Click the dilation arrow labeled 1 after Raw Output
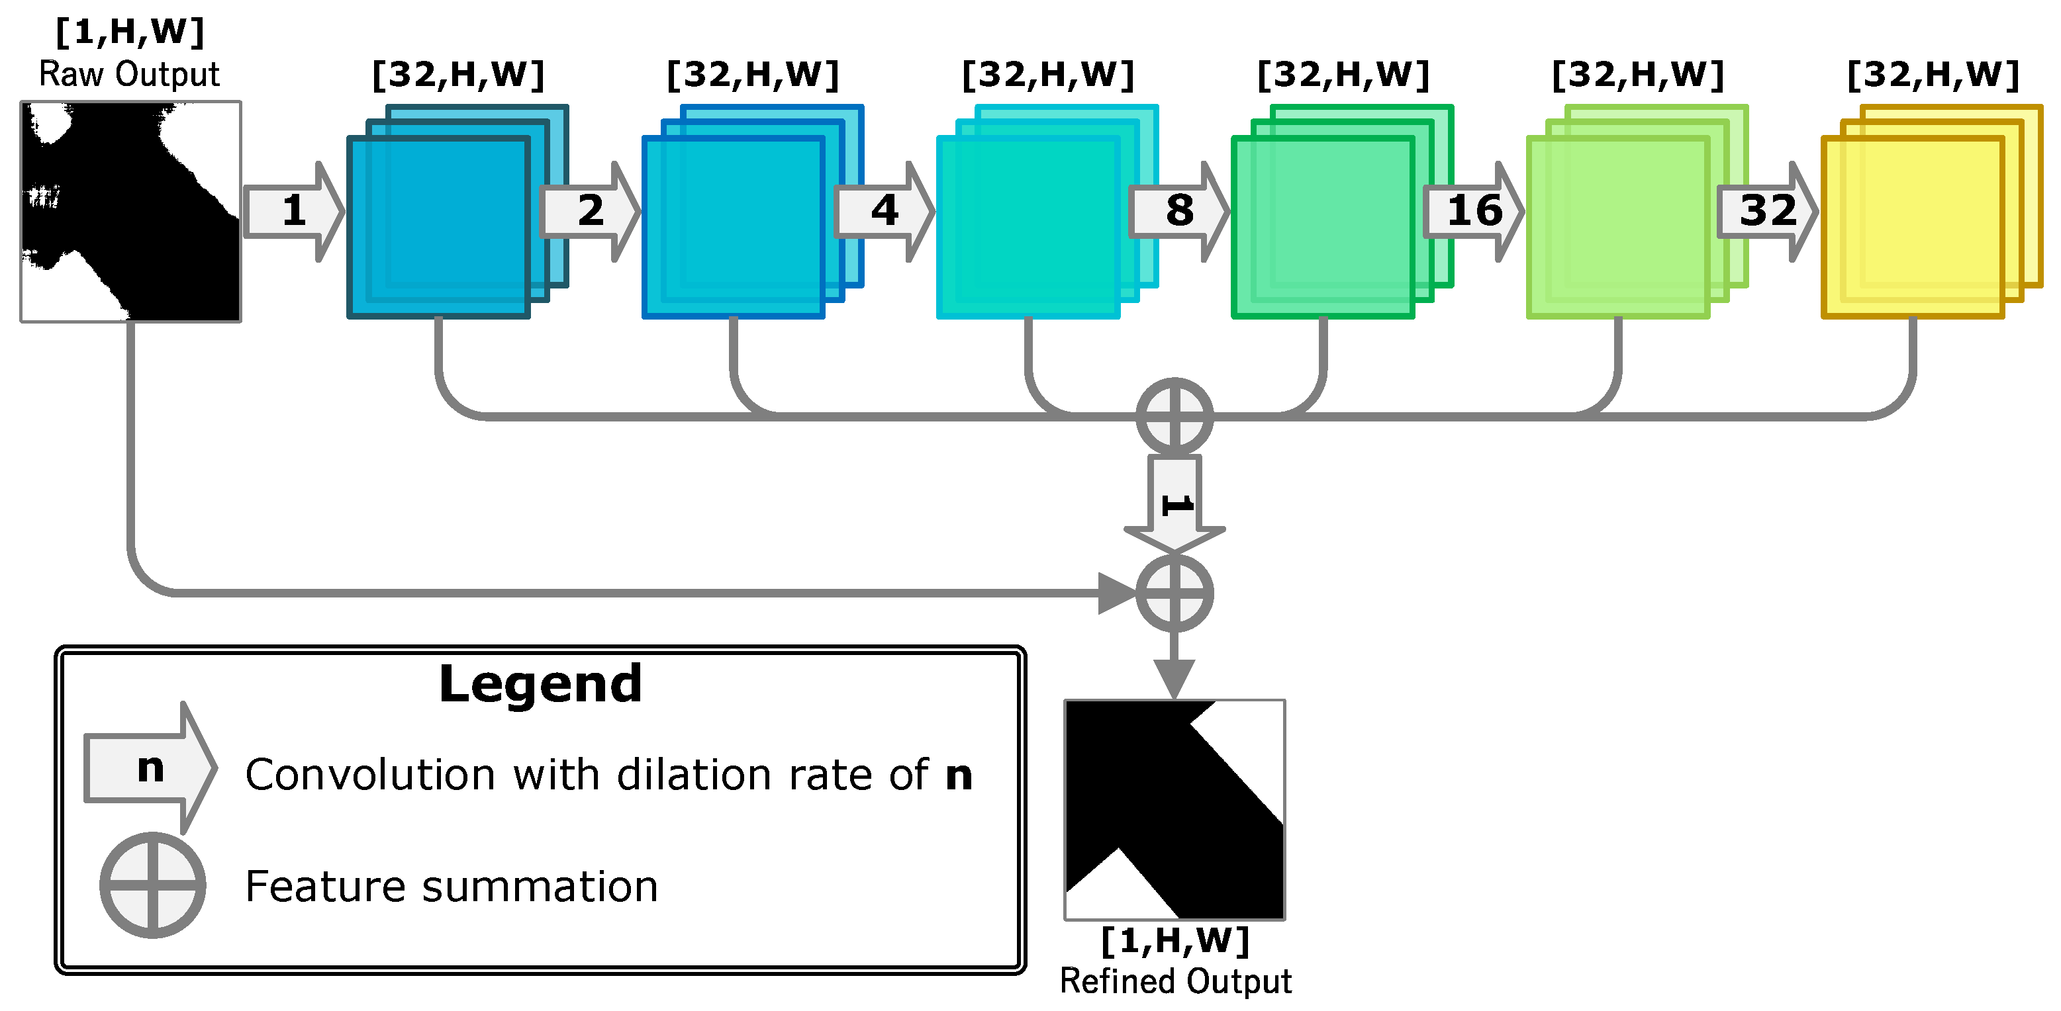[293, 211]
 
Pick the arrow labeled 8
[1178, 211]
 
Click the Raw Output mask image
[130, 211]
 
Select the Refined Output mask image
[1174, 809]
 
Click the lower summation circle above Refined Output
[1174, 593]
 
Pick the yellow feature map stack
[1913, 228]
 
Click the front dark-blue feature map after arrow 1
[438, 228]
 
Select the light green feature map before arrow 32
[1618, 228]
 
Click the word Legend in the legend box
[540, 685]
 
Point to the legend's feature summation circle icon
[153, 885]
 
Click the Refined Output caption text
[1174, 981]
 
